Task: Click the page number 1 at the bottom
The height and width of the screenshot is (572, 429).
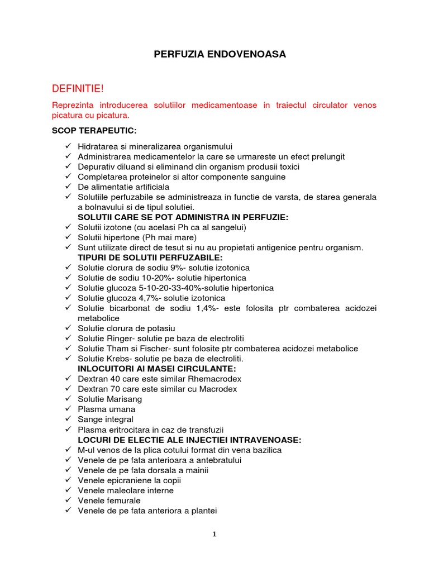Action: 214,534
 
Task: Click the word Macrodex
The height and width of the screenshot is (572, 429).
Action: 218,389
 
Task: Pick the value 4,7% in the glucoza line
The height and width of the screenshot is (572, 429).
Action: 149,298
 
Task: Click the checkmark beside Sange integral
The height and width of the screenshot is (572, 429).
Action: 68,419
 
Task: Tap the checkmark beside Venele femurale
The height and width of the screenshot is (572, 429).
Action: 68,500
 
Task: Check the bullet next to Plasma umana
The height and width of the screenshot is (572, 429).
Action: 68,409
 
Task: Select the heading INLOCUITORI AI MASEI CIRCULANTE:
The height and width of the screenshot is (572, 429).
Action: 157,369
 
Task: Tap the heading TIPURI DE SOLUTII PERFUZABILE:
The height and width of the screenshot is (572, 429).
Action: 150,258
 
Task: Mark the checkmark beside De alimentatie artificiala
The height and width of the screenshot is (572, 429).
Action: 68,187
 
